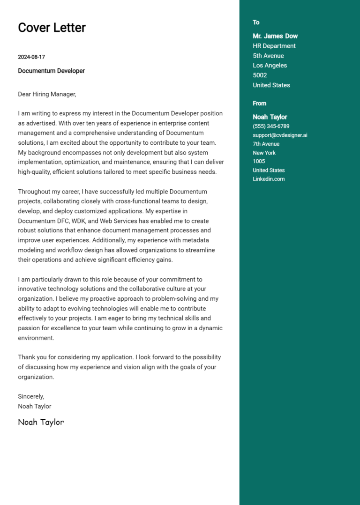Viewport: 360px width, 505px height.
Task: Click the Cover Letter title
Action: click(52, 28)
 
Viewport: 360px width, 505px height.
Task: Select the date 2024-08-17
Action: click(31, 57)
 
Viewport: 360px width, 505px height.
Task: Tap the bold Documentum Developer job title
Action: click(51, 71)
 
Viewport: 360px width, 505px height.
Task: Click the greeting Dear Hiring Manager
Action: click(47, 94)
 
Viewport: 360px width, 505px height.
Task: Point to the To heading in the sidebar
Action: click(256, 22)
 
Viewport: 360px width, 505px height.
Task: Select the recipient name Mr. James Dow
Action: click(275, 36)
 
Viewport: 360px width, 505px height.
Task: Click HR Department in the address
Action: click(274, 46)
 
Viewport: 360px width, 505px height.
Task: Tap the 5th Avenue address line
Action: click(268, 56)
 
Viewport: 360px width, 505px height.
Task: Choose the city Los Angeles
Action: click(270, 66)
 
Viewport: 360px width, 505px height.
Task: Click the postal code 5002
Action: click(260, 75)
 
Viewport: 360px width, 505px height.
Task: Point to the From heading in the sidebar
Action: click(259, 104)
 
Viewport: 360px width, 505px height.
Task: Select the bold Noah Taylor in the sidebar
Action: click(270, 117)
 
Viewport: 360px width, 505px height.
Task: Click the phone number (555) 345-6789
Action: click(271, 126)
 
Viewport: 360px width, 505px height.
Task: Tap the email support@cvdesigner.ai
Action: click(280, 135)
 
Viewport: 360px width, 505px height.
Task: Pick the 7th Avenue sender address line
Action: click(266, 144)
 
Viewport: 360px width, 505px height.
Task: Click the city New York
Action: click(264, 153)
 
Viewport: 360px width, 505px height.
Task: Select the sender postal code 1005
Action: click(259, 162)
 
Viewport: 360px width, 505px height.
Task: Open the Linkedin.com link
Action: click(269, 179)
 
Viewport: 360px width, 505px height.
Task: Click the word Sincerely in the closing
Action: click(31, 396)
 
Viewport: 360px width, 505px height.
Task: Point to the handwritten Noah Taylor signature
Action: click(41, 422)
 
